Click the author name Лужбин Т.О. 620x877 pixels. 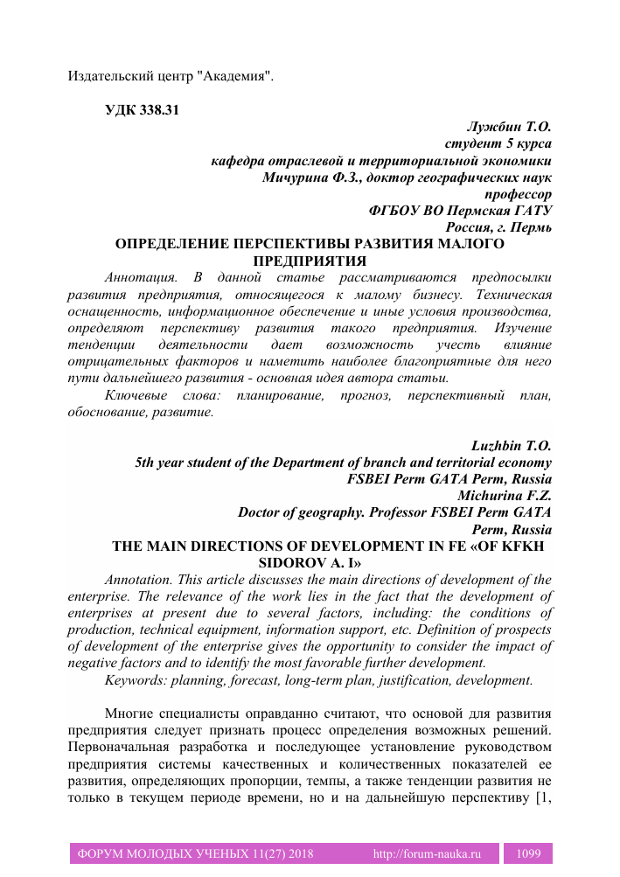[x=514, y=127]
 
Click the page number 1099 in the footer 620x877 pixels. [x=532, y=853]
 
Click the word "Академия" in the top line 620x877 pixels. [x=236, y=76]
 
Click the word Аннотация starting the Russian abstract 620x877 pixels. [x=138, y=277]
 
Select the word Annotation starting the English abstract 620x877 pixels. [x=138, y=580]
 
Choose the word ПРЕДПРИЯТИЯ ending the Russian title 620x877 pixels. [x=309, y=261]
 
